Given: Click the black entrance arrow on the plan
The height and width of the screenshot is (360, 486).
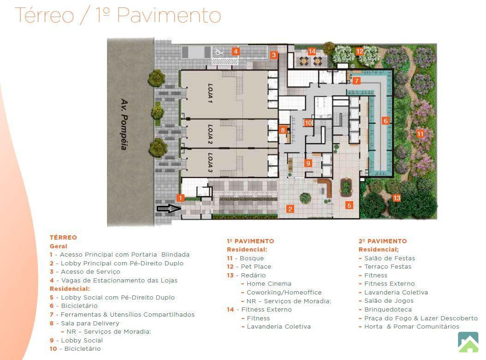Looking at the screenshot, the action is tap(169, 209).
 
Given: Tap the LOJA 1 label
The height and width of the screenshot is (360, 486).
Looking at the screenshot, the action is tap(210, 93).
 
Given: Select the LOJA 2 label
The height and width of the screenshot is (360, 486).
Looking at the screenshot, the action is tap(210, 134).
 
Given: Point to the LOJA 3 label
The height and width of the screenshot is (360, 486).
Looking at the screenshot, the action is tap(210, 162).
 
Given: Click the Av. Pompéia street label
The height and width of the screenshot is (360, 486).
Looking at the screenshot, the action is tap(124, 124).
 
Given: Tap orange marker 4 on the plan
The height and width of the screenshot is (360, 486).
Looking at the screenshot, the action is tap(236, 52).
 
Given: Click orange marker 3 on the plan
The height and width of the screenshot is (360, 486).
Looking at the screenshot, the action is tap(274, 55).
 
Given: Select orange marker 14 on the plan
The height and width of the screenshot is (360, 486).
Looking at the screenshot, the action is tap(312, 52).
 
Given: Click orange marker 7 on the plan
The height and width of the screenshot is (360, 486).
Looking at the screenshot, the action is tap(357, 81).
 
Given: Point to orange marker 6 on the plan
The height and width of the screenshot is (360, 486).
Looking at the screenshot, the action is tap(385, 121).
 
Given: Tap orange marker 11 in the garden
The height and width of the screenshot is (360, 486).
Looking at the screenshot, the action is tap(420, 134).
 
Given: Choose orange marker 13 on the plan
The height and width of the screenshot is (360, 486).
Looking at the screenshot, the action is tap(397, 198).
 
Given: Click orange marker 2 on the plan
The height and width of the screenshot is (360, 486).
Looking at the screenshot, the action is tap(290, 209).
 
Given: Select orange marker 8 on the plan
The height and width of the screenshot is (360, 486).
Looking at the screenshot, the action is tap(283, 130).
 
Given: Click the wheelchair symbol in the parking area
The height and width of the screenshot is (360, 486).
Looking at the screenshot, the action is tap(218, 53).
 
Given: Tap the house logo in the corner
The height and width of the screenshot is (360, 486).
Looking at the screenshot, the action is tap(468, 342).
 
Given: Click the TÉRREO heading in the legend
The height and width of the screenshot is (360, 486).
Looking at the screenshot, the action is tap(63, 237).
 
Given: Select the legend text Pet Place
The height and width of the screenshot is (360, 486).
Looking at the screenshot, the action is tap(256, 267).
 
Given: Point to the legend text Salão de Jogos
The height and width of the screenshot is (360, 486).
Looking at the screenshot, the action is tap(389, 301).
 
